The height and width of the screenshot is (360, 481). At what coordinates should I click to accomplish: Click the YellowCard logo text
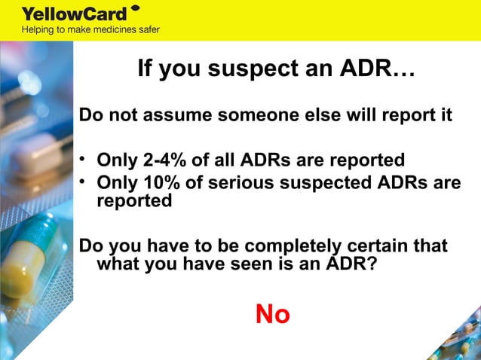tap(73, 14)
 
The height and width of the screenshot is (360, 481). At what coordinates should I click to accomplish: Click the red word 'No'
tap(272, 314)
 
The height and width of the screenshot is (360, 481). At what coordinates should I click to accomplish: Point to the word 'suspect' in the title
tap(252, 70)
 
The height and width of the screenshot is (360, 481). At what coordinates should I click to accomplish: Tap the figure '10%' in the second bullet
tap(164, 185)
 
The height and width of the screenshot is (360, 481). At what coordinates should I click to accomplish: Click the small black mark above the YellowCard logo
tap(135, 8)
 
